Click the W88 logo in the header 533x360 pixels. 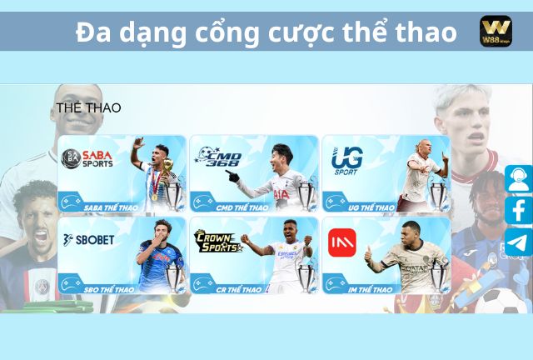pyautogui.click(x=496, y=32)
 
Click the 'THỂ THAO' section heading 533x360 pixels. pyautogui.click(x=88, y=108)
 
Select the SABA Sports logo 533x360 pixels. pyautogui.click(x=88, y=158)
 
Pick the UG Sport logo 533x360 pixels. pyautogui.click(x=346, y=160)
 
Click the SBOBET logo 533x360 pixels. pyautogui.click(x=89, y=239)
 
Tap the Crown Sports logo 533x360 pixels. pyautogui.click(x=218, y=242)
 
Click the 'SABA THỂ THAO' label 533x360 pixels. pyautogui.click(x=111, y=207)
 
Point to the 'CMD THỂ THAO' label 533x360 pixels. pyautogui.click(x=242, y=207)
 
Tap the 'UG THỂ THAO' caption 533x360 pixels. pyautogui.click(x=371, y=207)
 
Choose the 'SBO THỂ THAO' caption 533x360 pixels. pyautogui.click(x=108, y=289)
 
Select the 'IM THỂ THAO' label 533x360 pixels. pyautogui.click(x=371, y=289)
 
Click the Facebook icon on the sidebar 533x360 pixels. pyautogui.click(x=518, y=210)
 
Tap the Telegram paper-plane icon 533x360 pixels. pyautogui.click(x=518, y=242)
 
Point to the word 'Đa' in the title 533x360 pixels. pyautogui.click(x=92, y=32)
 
